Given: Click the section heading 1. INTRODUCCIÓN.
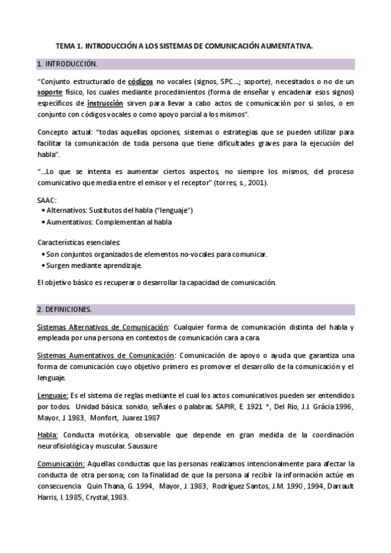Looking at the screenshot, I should click(x=68, y=64).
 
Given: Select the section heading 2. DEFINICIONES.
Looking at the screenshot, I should click(x=65, y=308).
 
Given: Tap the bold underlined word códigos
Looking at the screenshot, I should click(x=141, y=82).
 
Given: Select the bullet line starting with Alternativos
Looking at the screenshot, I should click(x=118, y=211).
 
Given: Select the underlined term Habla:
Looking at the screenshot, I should click(x=48, y=434).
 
